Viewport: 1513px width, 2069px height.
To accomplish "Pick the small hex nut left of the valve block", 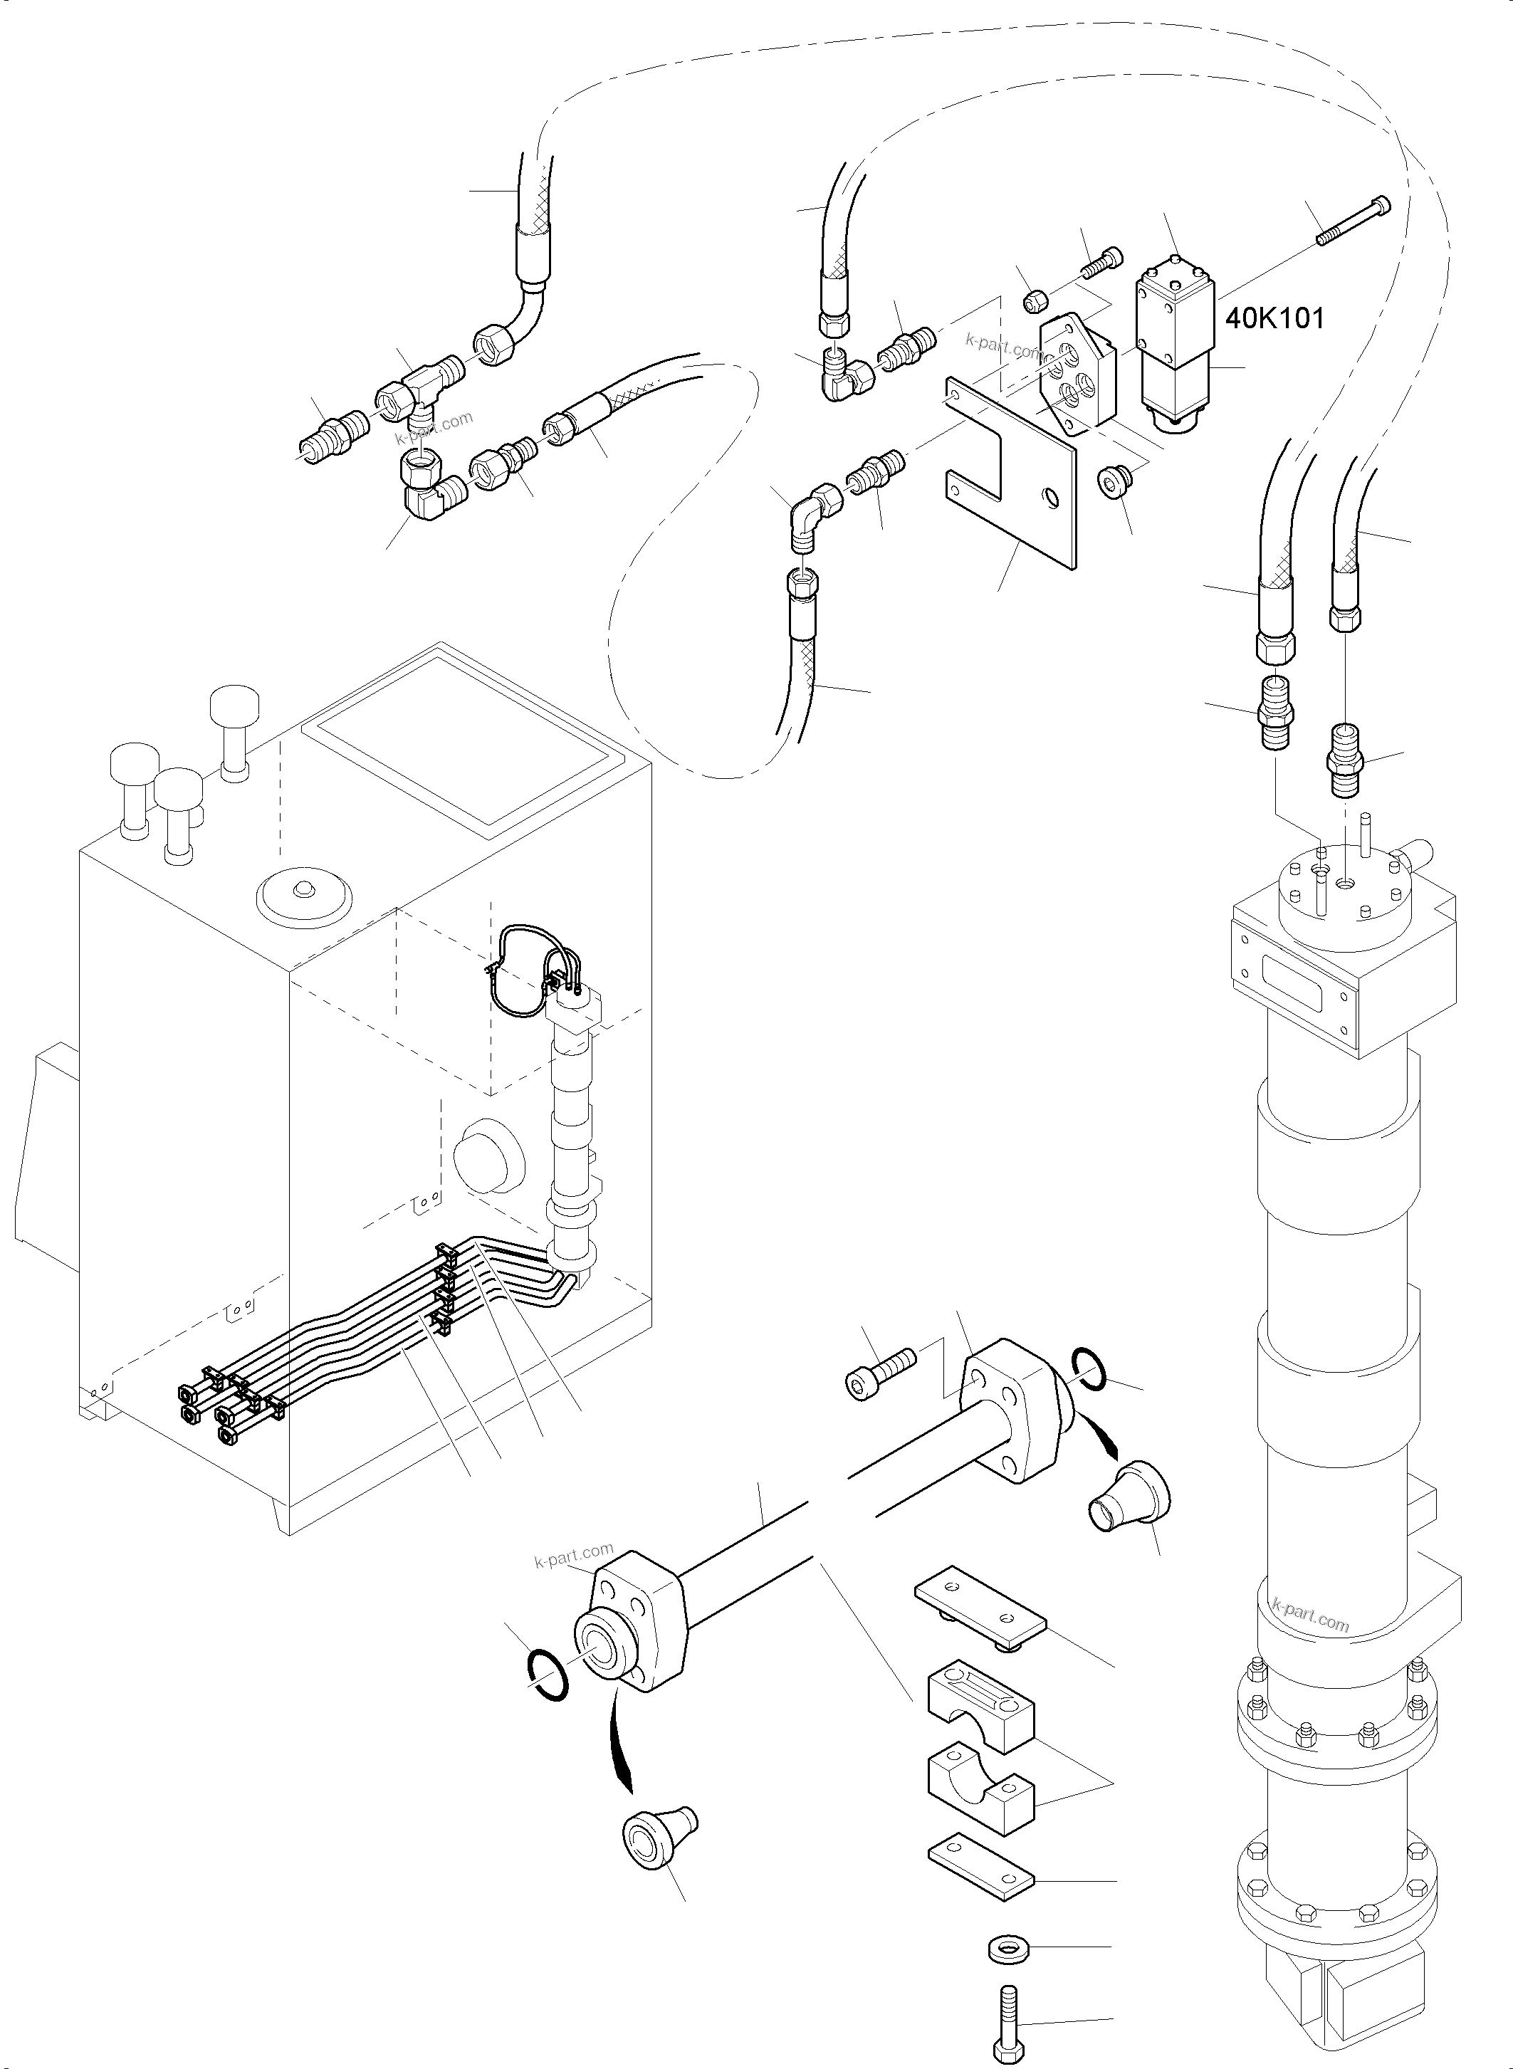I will click(1034, 298).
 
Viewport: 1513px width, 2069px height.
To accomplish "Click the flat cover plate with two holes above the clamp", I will click(980, 1611).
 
